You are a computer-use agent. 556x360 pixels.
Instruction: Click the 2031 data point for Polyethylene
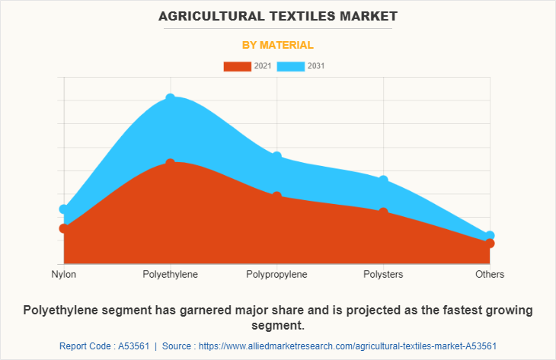coord(171,99)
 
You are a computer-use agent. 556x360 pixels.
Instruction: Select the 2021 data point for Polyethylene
coord(171,164)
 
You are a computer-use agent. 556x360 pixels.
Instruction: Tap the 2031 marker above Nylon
coord(64,209)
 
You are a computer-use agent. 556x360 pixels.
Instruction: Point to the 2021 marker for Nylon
coord(64,228)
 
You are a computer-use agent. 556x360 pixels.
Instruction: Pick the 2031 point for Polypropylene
coord(277,156)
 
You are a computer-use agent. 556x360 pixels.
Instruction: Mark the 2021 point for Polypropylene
coord(277,196)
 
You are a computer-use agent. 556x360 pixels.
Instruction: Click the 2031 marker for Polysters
coord(383,180)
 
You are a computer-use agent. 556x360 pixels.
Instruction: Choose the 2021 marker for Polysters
coord(383,212)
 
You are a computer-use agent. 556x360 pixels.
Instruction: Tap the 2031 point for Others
coord(490,236)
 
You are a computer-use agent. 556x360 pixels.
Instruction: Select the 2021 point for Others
coord(490,244)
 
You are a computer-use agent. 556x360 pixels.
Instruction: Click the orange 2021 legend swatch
coord(237,66)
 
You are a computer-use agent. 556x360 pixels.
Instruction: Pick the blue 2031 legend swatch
coord(290,66)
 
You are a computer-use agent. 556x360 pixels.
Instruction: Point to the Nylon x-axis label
coord(64,274)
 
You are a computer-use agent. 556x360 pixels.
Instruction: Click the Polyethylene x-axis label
coord(171,274)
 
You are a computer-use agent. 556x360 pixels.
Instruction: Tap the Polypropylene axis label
coord(277,274)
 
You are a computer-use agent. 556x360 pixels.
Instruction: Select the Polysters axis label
coord(383,274)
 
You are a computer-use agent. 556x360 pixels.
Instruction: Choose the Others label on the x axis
coord(490,274)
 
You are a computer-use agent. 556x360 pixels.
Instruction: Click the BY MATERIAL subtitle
coord(278,45)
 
